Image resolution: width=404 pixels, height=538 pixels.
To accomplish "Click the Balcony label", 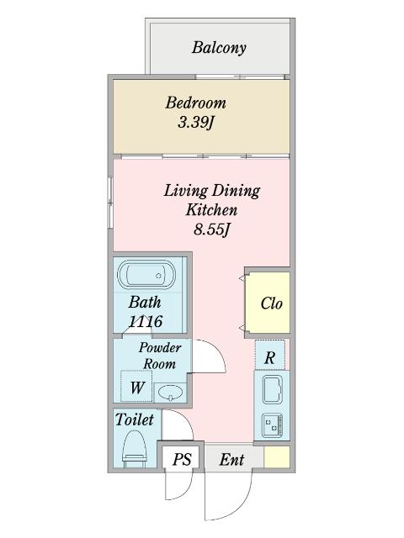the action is (219, 48).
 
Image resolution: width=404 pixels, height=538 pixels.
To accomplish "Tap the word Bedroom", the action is (195, 103).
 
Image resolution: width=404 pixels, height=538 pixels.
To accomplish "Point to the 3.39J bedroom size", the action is (195, 122).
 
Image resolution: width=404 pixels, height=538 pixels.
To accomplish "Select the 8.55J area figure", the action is (211, 229).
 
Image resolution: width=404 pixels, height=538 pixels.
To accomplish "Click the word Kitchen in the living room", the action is (211, 209).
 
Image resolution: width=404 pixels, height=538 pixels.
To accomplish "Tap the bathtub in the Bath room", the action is (146, 275).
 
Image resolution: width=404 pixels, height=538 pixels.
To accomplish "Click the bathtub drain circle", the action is (158, 276).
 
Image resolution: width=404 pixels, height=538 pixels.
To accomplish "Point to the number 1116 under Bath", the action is (146, 321).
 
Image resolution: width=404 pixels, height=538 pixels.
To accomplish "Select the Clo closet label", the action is (271, 303).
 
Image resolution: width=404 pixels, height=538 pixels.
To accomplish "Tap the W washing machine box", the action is (136, 387).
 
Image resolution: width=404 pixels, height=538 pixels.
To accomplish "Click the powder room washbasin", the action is (171, 393).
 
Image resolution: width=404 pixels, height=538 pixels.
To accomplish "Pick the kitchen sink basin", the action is (273, 389).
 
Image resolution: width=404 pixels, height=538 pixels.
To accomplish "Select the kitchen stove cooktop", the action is (273, 425).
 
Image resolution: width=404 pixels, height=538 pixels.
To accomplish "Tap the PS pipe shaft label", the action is (182, 459).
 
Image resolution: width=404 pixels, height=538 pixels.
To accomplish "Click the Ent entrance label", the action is (232, 460).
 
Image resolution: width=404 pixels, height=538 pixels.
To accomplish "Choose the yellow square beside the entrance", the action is (277, 456).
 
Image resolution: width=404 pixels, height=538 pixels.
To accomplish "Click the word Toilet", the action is (135, 419).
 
